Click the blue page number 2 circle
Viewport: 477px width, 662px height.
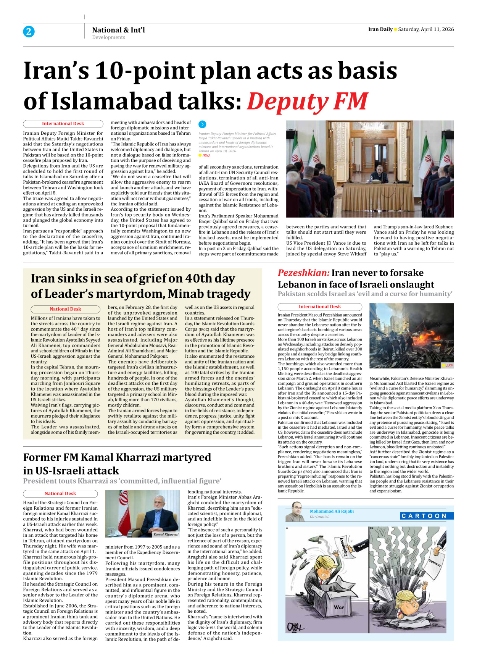(29, 31)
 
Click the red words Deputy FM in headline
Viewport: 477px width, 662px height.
(307, 102)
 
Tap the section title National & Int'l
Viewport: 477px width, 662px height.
(118, 30)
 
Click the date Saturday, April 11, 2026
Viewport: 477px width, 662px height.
(426, 29)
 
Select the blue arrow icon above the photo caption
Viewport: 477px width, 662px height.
(202, 124)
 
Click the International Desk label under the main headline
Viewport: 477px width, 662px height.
(63, 124)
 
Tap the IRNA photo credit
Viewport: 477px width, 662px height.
(206, 155)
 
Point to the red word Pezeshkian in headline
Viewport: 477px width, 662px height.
(303, 273)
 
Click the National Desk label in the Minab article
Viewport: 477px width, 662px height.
(65, 309)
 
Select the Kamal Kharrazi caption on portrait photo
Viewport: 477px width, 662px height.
(166, 534)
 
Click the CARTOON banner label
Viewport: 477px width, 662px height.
(426, 516)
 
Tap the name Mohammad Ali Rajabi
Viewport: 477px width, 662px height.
(332, 511)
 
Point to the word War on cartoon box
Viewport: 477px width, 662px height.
(339, 607)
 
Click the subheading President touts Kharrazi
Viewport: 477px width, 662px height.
(122, 481)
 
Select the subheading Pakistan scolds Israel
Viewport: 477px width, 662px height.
(365, 294)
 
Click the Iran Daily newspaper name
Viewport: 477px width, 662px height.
(380, 29)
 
